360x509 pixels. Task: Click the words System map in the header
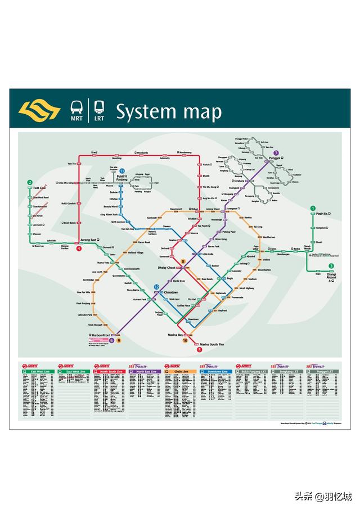(169, 111)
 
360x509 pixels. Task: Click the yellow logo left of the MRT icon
(39, 110)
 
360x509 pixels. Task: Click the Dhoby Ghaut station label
(167, 268)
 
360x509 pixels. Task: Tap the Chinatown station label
(170, 292)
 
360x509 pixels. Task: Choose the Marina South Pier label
(210, 344)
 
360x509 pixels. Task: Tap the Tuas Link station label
(39, 188)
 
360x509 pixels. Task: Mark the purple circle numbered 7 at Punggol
(276, 152)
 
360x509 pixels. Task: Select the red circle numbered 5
(199, 349)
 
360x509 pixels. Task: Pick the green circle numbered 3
(331, 266)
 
